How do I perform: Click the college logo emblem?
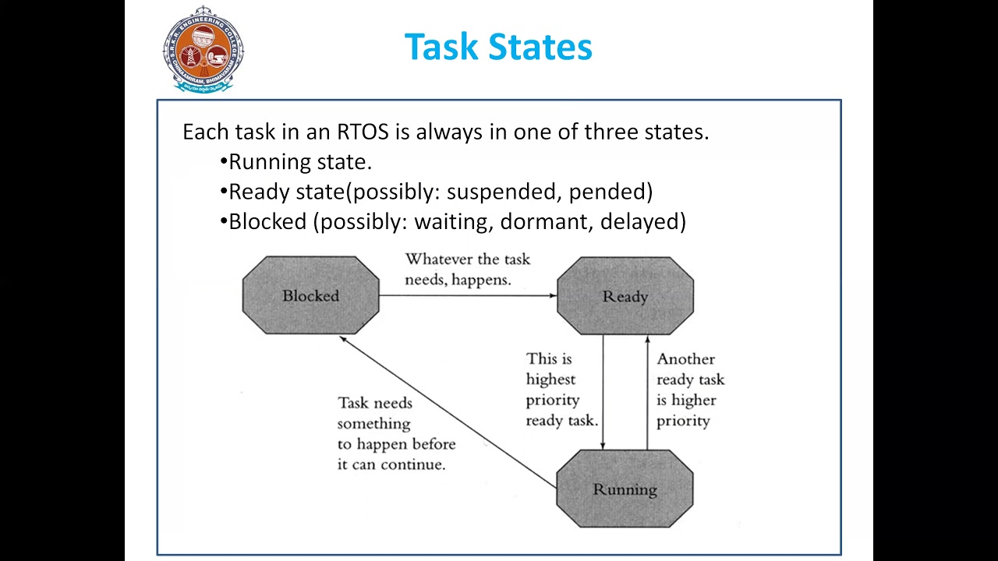point(203,49)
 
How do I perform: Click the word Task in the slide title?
point(439,47)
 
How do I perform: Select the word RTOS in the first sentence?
point(363,132)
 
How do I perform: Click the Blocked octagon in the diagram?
point(310,296)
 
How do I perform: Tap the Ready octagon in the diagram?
point(625,296)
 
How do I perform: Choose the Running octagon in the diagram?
point(625,489)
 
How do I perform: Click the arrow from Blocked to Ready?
point(468,295)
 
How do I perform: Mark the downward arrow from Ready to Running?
point(603,390)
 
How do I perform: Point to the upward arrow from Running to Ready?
point(647,390)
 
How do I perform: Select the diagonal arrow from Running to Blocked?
point(448,412)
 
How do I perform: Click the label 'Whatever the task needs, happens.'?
point(467,270)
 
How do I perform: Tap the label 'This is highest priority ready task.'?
point(561,390)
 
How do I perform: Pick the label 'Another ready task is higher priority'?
point(690,390)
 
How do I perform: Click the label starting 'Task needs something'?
point(395,433)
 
